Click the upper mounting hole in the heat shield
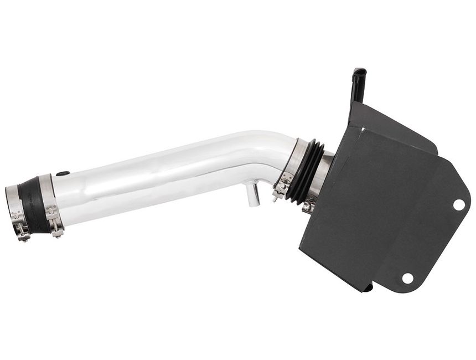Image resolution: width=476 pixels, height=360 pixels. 459,204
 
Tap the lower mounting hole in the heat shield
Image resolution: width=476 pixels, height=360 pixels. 408,278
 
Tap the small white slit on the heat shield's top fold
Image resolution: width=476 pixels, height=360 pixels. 362,131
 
